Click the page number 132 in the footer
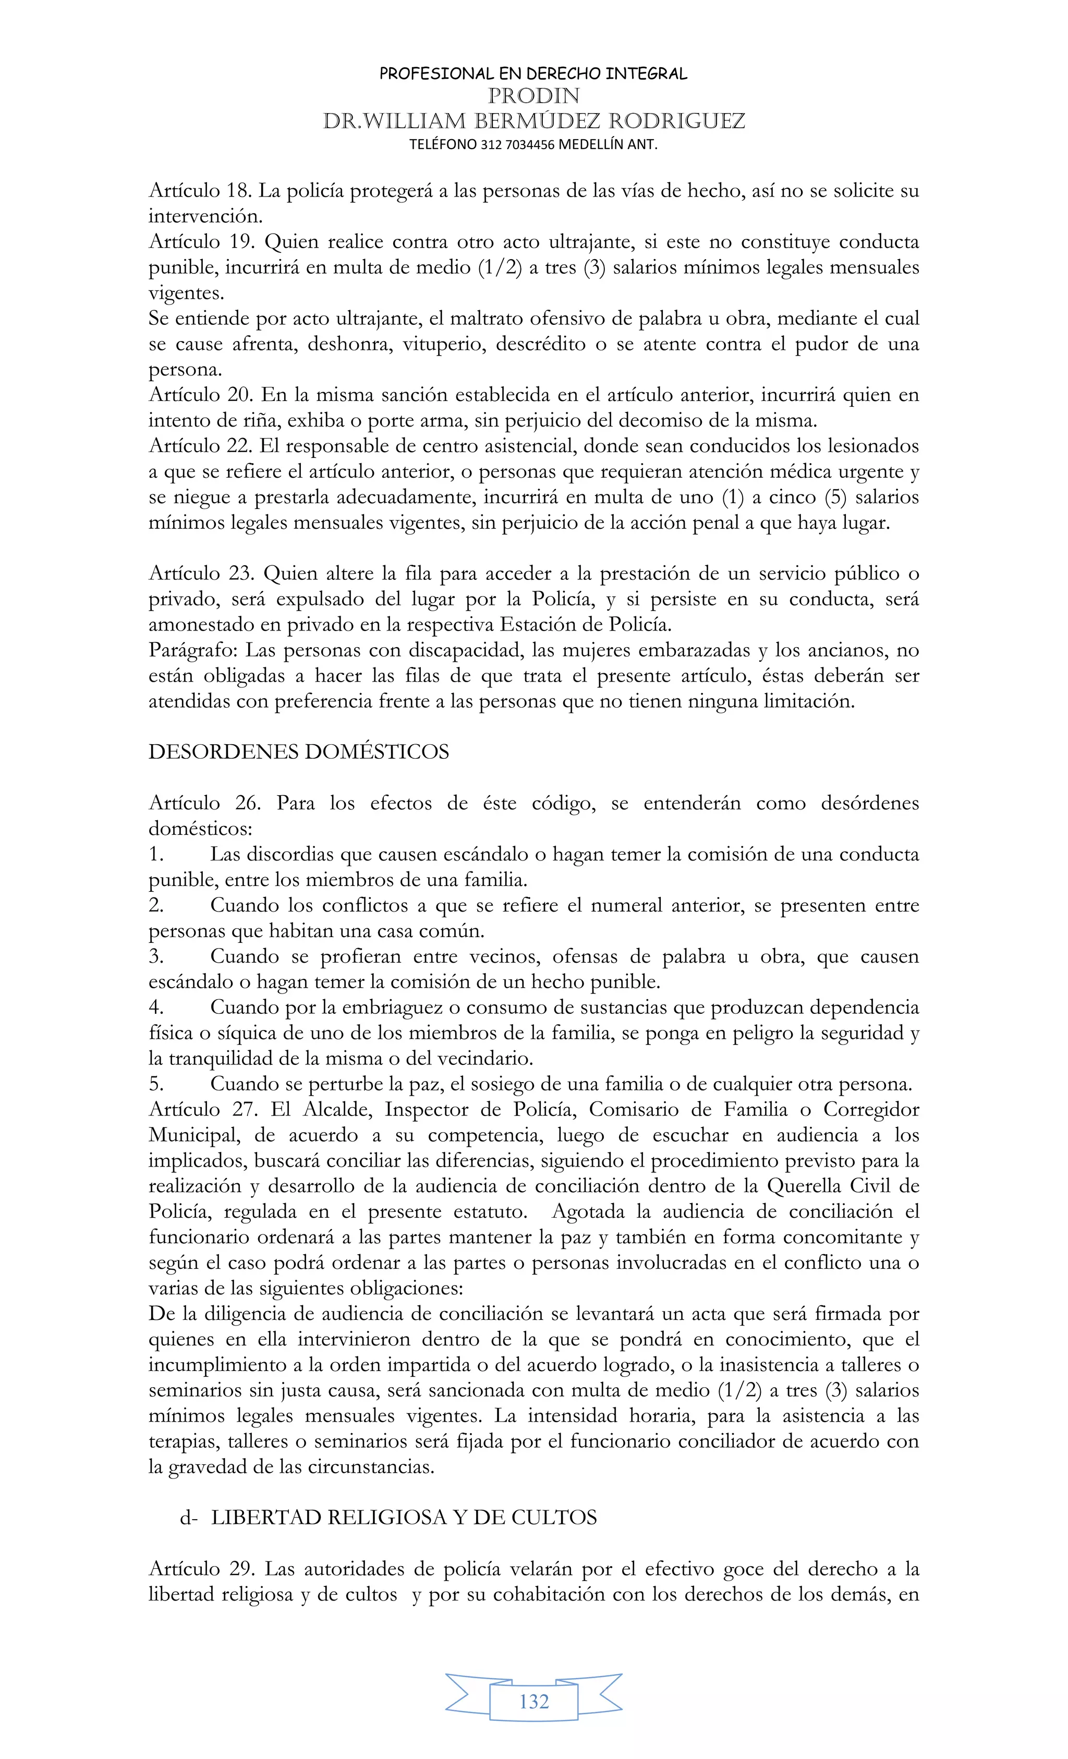coord(534,1701)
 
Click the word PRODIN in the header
coord(533,95)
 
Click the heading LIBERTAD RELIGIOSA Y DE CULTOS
coord(403,1518)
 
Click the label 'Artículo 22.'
coord(201,446)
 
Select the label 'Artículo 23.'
coord(201,573)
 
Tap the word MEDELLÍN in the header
coord(590,144)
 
